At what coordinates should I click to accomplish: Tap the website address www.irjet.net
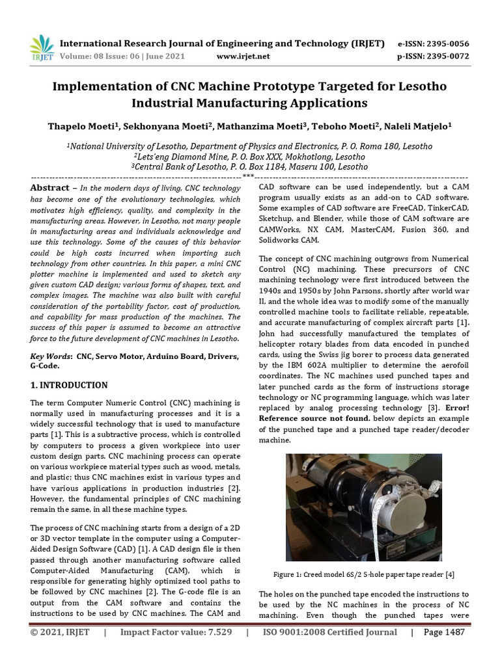(x=242, y=56)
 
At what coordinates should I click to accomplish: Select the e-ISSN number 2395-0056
(x=447, y=44)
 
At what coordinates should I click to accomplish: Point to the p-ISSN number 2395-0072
(x=447, y=56)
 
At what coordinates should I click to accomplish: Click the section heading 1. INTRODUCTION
(x=70, y=385)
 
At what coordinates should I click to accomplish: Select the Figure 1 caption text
(x=363, y=574)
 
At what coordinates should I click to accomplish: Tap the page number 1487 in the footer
(x=454, y=632)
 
